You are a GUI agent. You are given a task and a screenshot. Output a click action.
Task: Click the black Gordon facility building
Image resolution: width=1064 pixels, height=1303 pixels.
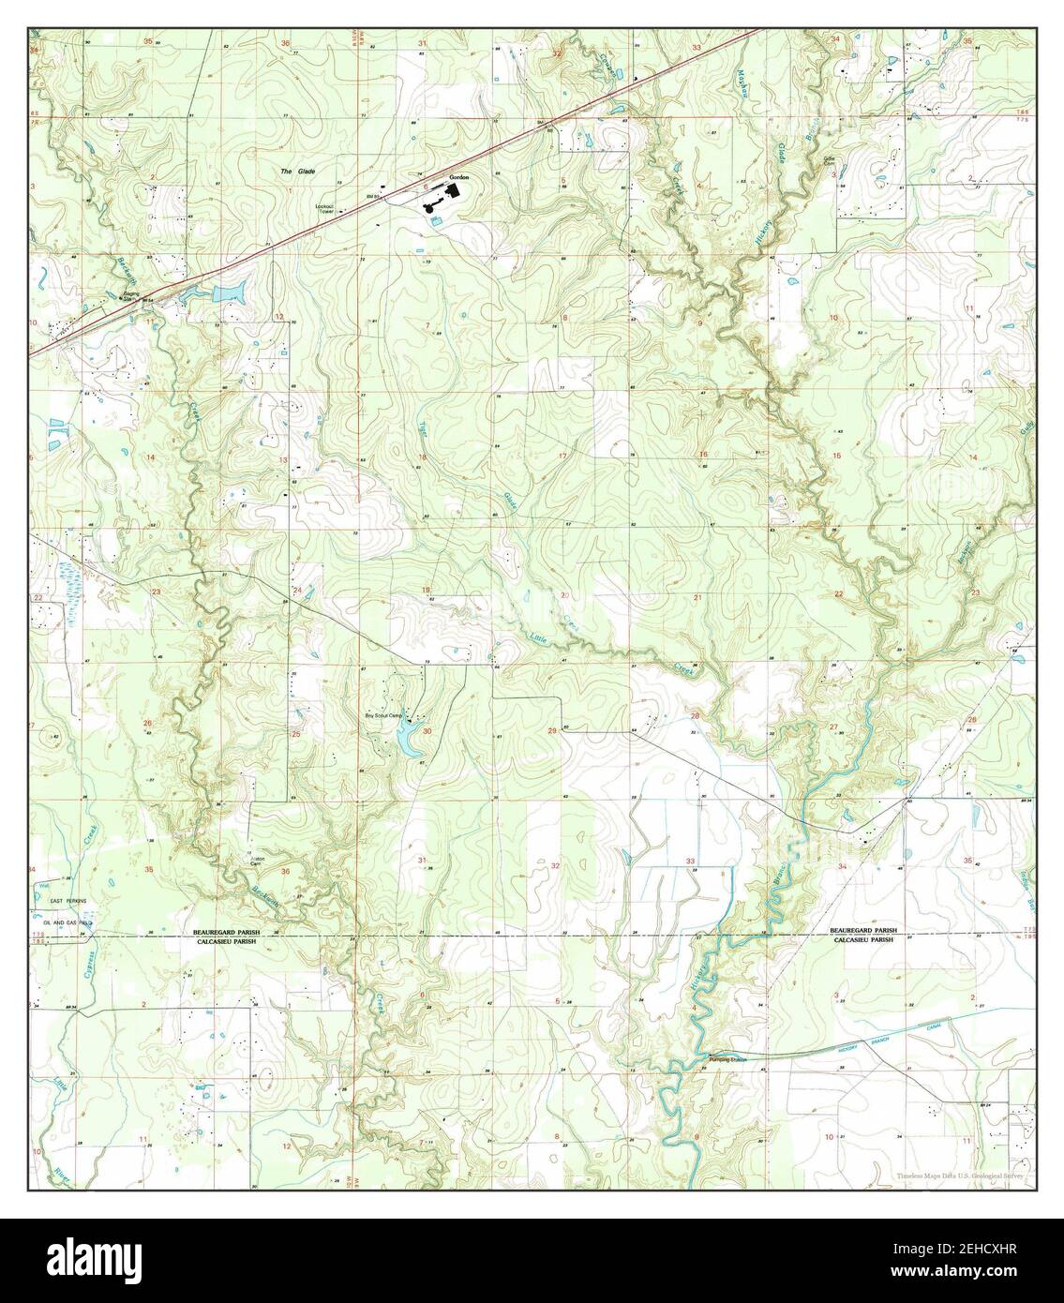coord(454,191)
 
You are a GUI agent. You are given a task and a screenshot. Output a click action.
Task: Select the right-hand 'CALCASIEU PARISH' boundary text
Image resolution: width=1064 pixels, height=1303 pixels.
coord(862,938)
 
